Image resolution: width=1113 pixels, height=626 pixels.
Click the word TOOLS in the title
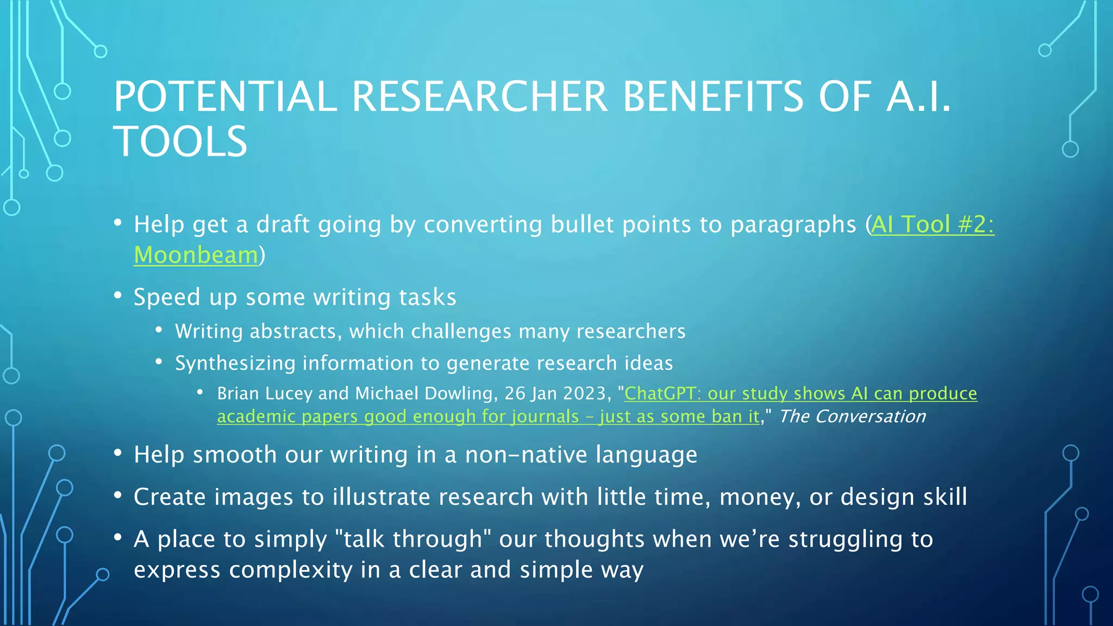(180, 141)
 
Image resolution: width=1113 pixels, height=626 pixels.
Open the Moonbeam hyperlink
(196, 255)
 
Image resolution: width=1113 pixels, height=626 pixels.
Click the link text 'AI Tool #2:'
(933, 224)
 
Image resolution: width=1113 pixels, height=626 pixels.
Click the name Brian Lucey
(265, 393)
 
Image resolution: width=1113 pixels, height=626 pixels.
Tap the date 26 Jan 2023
(554, 393)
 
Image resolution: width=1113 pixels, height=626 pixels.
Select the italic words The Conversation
(852, 417)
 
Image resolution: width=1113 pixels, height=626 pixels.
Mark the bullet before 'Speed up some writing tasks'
(118, 296)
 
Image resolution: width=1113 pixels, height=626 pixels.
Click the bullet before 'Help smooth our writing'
(118, 453)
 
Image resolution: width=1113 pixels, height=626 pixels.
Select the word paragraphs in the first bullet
(793, 224)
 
